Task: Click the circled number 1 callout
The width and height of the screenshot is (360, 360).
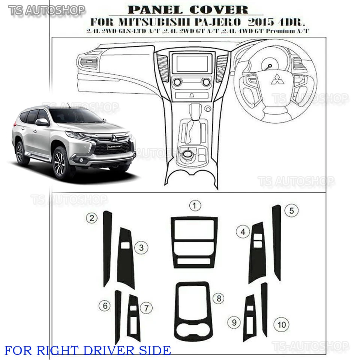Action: [195, 205]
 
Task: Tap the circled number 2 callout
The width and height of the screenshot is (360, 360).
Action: [92, 218]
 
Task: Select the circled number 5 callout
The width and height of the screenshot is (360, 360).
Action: [291, 211]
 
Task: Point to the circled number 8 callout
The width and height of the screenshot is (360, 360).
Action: [218, 299]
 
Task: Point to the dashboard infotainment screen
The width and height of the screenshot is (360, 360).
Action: [192, 63]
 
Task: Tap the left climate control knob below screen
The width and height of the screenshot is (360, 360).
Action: [177, 82]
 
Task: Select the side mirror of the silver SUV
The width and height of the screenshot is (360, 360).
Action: [42, 122]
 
